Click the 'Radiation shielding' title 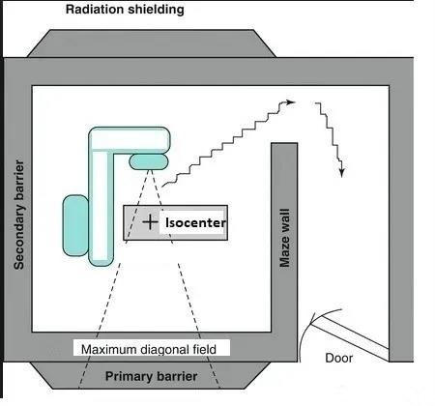pos(125,10)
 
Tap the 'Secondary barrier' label pos(19,215)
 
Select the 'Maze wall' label pos(284,238)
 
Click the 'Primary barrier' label pos(151,376)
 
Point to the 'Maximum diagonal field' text pos(149,349)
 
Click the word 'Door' pos(338,358)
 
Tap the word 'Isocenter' pos(195,222)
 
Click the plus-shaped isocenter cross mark pos(150,222)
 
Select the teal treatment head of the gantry pos(149,161)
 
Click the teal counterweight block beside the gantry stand pos(75,225)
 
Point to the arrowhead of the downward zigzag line pos(341,172)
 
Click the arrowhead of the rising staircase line pos(290,102)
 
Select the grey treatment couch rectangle pos(176,222)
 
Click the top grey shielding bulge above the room pos(152,43)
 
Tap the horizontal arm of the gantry pos(130,139)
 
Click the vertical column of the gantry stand pos(101,206)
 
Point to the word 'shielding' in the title pos(156,10)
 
